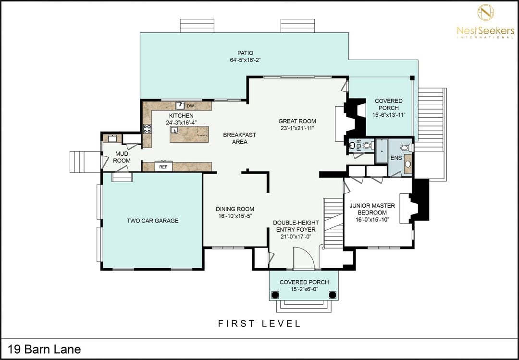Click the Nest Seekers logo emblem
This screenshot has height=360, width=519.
click(x=485, y=12)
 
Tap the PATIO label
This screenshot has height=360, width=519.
click(x=245, y=53)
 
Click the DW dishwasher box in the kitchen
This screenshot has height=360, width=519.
click(x=190, y=106)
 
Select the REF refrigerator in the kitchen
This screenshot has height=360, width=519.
click(x=163, y=167)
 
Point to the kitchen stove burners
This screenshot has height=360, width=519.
click(x=148, y=129)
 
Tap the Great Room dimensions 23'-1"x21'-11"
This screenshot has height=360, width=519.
click(x=297, y=128)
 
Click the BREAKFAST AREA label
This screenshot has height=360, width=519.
click(x=240, y=138)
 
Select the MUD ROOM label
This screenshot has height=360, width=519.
click(x=122, y=157)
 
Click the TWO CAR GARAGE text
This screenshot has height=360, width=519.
click(x=153, y=221)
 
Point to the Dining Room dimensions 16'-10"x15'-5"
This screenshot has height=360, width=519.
click(x=235, y=216)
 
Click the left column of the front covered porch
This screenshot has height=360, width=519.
click(x=274, y=295)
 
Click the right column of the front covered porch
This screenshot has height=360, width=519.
click(x=333, y=295)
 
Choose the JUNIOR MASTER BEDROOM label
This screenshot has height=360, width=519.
click(x=372, y=209)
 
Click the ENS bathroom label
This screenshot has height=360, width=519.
click(x=396, y=158)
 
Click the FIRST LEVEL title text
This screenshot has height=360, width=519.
click(x=259, y=323)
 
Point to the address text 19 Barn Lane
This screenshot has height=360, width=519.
click(x=44, y=349)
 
